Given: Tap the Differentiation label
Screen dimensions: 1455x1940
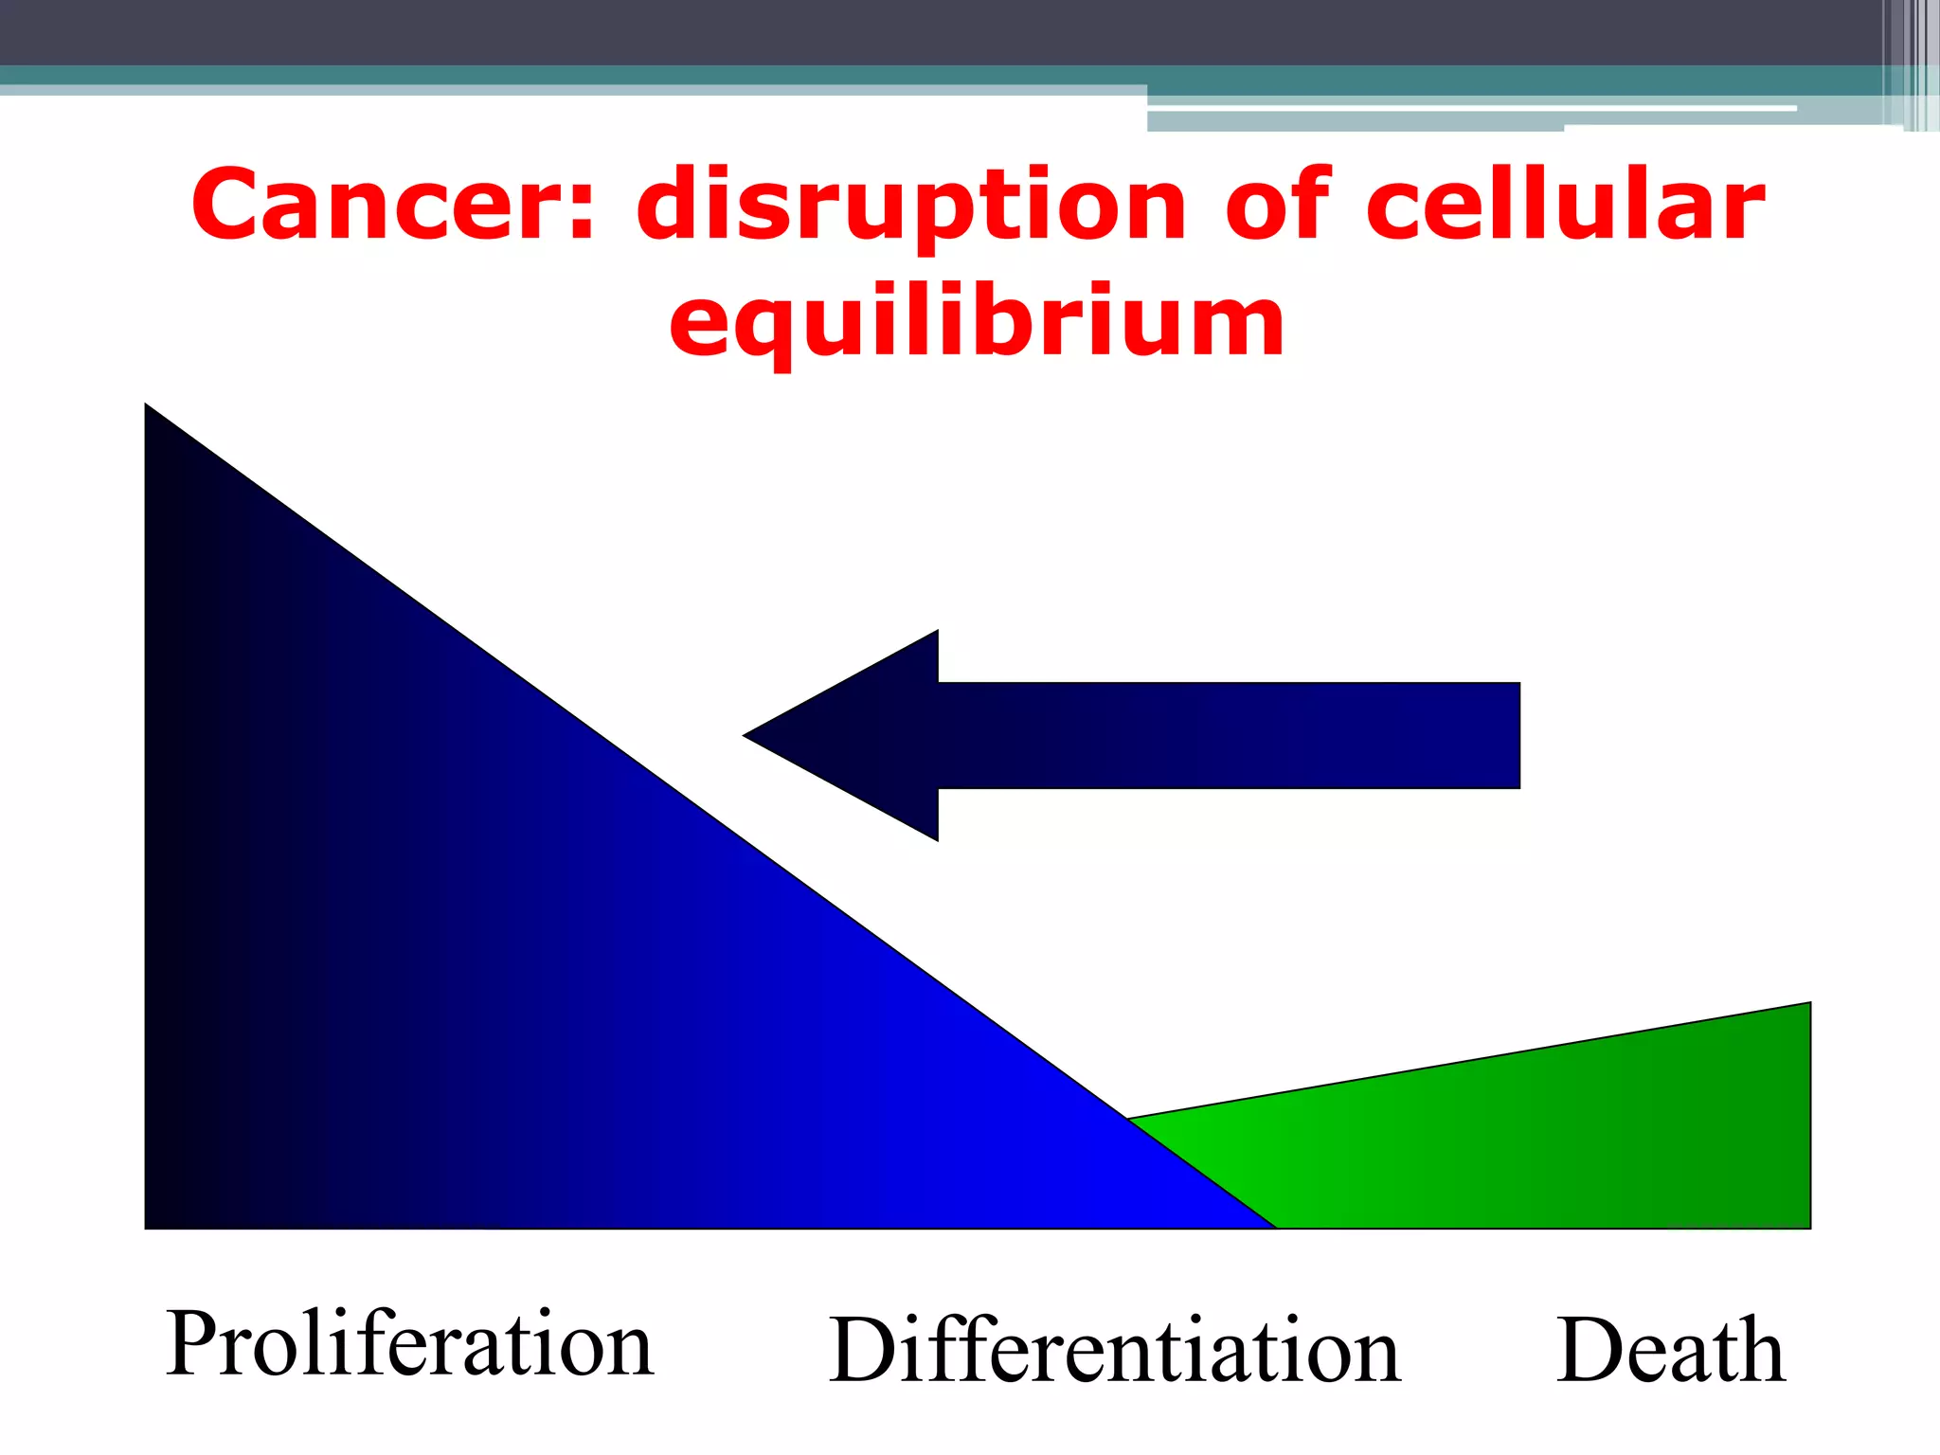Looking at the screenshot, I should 1114,1350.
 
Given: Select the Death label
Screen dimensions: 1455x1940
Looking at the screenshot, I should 1670,1350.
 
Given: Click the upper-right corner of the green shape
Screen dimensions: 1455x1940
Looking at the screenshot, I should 1807,1005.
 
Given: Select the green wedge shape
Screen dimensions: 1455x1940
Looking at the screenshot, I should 1563,1137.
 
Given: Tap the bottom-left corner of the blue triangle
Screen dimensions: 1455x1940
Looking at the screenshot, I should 148,1226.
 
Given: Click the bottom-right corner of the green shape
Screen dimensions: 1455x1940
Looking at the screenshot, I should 1808,1226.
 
